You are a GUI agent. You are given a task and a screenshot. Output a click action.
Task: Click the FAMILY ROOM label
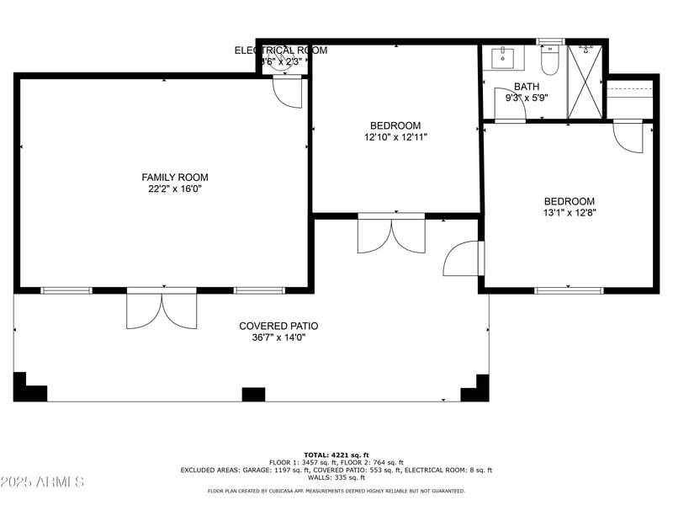[x=174, y=178]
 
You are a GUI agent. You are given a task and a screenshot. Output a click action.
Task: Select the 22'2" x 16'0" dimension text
[x=174, y=189]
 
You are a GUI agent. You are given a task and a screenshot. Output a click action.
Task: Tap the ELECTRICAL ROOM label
[x=280, y=50]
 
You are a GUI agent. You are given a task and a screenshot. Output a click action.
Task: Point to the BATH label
[x=527, y=86]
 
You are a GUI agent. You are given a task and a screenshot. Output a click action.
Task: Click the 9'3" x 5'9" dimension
[x=527, y=98]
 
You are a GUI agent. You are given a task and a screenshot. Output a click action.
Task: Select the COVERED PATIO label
[x=278, y=326]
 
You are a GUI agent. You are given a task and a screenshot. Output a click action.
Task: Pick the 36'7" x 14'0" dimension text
[x=278, y=338]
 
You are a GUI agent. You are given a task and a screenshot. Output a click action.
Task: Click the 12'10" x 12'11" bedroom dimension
[x=395, y=137]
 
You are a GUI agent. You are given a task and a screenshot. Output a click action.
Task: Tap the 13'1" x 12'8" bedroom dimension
[x=570, y=213]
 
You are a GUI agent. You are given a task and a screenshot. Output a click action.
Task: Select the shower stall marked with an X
[x=585, y=81]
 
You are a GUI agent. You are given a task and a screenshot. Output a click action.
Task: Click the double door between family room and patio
[x=162, y=309]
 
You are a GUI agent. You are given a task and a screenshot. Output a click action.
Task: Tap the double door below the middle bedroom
[x=391, y=235]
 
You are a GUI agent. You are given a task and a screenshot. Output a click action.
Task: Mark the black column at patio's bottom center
[x=253, y=394]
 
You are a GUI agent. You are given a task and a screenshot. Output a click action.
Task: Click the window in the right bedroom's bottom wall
[x=569, y=290]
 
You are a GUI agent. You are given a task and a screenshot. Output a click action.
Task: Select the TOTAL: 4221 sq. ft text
[x=336, y=454]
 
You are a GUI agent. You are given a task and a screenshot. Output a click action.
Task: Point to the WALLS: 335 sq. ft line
[x=336, y=477]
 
